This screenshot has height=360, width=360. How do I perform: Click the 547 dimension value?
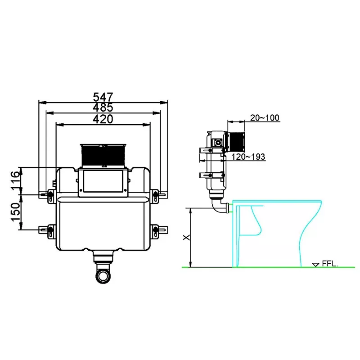103,97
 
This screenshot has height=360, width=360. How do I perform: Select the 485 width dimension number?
103,107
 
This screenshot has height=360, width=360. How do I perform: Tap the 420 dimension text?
103,119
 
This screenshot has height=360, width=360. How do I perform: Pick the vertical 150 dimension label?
16,212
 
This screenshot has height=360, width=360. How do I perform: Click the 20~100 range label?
265,117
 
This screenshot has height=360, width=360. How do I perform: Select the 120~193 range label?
248,157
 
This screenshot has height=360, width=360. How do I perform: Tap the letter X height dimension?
186,237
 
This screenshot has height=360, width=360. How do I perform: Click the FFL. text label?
330,263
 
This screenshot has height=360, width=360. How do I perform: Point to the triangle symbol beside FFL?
316,265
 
